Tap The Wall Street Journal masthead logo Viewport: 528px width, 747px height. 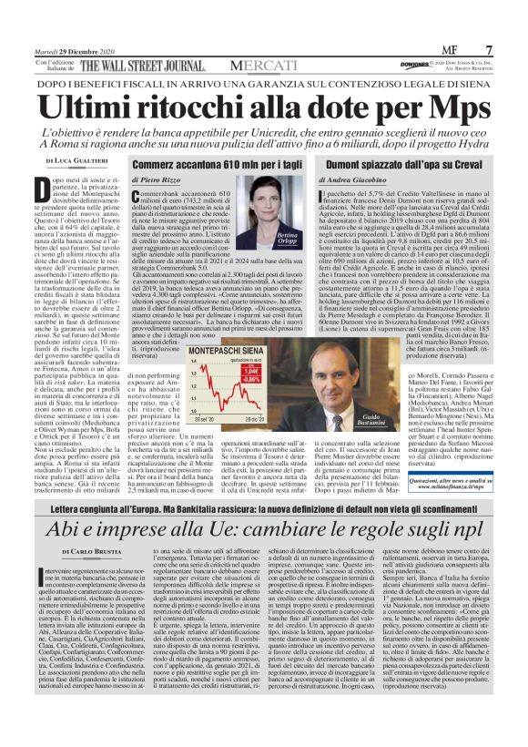[146, 67]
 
